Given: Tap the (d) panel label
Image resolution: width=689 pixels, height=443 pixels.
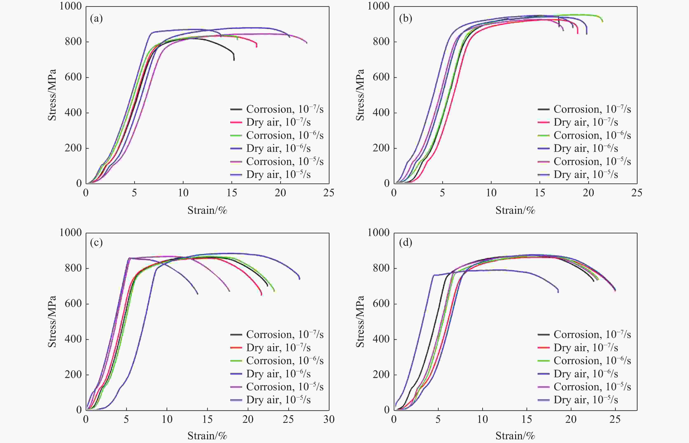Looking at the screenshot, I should click(405, 243).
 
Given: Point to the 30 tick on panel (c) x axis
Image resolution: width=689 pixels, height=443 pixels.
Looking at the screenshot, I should click(329, 419).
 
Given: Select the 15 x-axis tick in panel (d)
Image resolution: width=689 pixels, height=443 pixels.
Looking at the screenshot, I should click(527, 419).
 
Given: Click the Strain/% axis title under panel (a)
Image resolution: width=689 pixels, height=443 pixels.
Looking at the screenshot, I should click(207, 210).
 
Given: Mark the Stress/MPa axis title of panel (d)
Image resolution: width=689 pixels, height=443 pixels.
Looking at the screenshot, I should click(360, 322).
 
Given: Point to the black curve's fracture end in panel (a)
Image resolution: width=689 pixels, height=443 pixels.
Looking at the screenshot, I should click(234, 60).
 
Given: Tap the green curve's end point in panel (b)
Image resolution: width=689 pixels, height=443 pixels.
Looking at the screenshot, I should click(603, 21).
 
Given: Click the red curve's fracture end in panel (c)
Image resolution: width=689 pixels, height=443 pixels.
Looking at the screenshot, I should click(261, 295).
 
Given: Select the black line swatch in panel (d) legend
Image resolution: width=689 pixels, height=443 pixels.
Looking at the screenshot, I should click(543, 334).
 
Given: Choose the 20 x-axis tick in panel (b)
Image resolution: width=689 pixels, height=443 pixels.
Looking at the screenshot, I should click(588, 193).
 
